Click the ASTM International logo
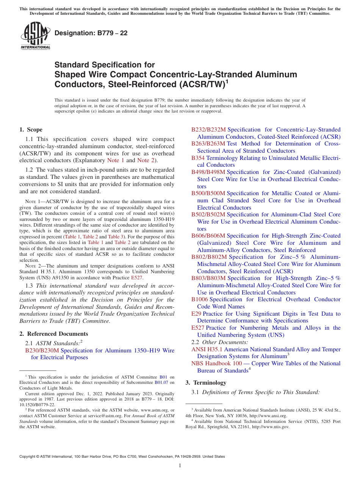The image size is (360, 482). pos(35,36)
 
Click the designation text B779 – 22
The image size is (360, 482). pos(91,33)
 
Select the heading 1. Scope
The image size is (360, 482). pos(31,130)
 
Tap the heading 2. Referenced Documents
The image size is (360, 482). pos(54,334)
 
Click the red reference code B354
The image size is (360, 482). pos(198,158)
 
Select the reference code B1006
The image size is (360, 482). pos(199,299)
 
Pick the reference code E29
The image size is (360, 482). pos(196,314)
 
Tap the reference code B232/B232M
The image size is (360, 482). pos(208,130)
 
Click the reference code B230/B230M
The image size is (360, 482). pos(42,351)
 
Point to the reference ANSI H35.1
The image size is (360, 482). pos(207,349)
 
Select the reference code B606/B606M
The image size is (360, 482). pos(208,236)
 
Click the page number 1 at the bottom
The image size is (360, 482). pos(180,466)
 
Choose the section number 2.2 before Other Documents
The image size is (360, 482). pos(196,342)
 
